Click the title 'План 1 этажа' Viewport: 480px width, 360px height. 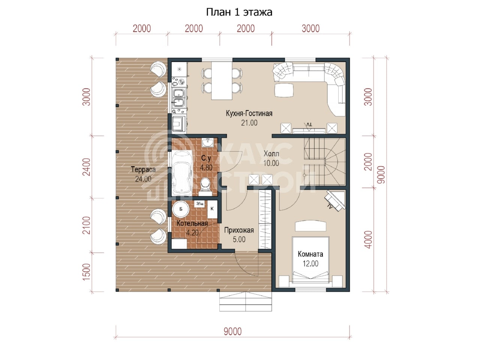(x=239, y=12)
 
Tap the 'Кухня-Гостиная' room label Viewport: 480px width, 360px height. (x=249, y=114)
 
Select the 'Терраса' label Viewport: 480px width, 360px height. (x=143, y=169)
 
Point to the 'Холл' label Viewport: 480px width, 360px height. (x=271, y=154)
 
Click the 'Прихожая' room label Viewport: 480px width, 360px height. (x=239, y=230)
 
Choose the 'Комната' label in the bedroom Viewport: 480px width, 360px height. (x=310, y=254)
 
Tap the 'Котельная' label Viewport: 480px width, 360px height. (x=192, y=223)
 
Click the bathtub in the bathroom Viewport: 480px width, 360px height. (x=182, y=173)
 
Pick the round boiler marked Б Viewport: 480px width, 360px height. (x=181, y=209)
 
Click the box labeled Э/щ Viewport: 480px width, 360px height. (x=199, y=204)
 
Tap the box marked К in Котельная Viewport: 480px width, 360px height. (x=212, y=209)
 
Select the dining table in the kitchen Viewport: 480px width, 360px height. (x=222, y=81)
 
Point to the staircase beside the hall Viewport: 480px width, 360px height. (x=324, y=162)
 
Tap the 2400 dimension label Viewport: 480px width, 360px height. (x=87, y=167)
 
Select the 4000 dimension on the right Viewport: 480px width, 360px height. (x=369, y=240)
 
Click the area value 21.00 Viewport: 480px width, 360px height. (x=249, y=123)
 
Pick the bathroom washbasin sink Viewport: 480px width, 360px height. (x=208, y=143)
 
